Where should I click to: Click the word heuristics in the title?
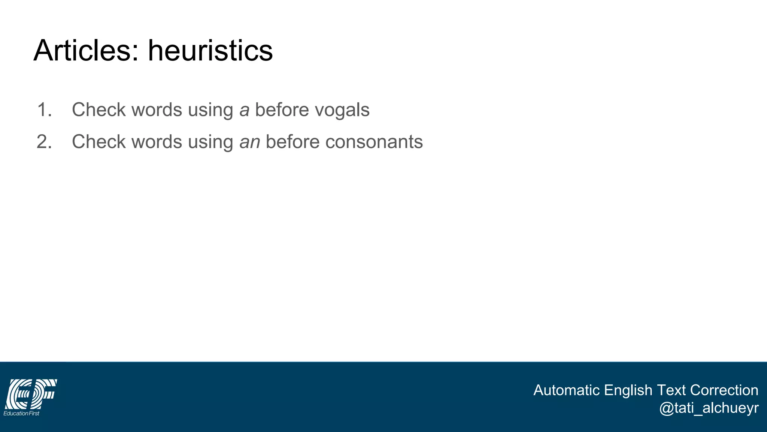[210, 51]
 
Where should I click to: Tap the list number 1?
[44, 110]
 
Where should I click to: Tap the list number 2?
[44, 142]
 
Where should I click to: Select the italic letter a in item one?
[244, 111]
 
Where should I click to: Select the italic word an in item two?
[249, 142]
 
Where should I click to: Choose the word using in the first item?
[210, 111]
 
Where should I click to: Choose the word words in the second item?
[157, 142]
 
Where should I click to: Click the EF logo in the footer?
[31, 393]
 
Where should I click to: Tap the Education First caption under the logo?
[21, 413]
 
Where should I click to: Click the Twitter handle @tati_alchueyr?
[709, 408]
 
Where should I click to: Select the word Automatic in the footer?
[566, 390]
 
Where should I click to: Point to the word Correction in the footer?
[724, 390]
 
